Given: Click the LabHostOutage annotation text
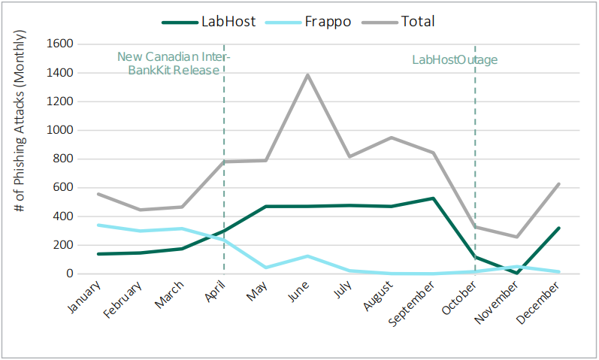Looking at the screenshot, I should tap(455, 60).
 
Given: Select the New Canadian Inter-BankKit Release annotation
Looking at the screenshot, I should tap(174, 63).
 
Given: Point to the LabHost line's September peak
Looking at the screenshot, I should tap(434, 198).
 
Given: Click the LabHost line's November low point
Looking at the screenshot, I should tap(518, 272).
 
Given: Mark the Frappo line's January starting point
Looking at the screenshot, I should tap(98, 225).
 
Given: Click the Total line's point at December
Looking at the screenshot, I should tap(559, 183).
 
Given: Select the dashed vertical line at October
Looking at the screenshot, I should tap(475, 165).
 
